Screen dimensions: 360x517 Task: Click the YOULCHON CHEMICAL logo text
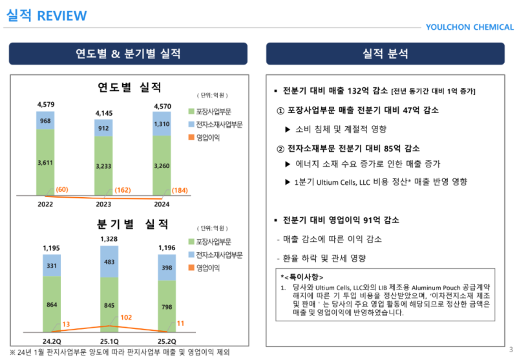[469, 27]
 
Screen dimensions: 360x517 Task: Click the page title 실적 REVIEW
[47, 16]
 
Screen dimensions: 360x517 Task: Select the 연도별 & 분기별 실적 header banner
[128, 54]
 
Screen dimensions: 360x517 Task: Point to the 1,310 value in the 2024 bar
[162, 124]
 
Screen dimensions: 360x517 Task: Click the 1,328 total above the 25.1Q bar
[109, 240]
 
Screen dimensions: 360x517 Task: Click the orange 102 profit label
[126, 317]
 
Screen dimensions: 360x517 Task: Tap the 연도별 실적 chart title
[129, 87]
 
